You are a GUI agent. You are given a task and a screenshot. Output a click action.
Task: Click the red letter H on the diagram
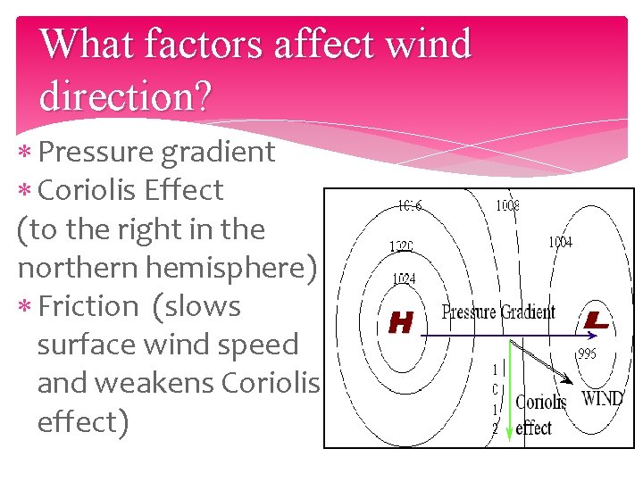(401, 323)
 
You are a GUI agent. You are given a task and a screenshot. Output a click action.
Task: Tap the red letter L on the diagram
(597, 320)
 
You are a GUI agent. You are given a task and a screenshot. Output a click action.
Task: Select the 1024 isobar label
(403, 279)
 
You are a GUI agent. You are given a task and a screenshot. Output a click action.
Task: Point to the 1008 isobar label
(507, 206)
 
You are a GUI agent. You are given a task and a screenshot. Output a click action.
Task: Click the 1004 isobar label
(560, 242)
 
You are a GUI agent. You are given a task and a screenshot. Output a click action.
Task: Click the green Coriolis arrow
(508, 393)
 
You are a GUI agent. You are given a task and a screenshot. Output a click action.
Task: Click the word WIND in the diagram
(603, 398)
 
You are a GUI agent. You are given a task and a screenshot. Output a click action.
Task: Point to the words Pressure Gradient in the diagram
(498, 312)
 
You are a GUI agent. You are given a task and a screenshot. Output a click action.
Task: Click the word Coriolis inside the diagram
(541, 403)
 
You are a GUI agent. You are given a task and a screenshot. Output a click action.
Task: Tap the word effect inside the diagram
(534, 428)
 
